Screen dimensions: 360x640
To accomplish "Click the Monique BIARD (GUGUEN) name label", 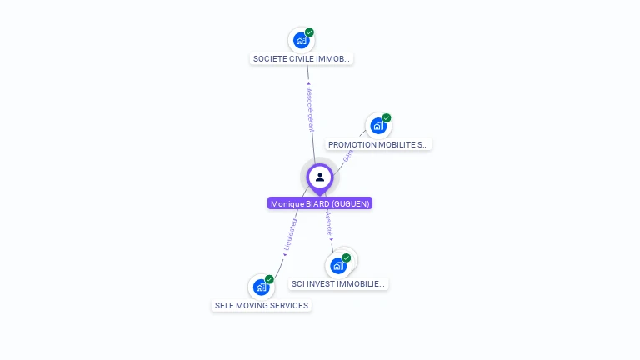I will coord(320,203).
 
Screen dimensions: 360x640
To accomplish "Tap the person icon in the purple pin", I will coord(320,177).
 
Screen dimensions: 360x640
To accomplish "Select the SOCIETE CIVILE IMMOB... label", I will coord(302,59).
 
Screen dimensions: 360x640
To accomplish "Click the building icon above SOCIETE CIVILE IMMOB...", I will coord(301,40).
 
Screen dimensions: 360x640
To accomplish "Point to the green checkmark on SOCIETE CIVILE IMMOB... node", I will coord(309,32).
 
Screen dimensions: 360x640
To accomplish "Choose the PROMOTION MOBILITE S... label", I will coord(378,144).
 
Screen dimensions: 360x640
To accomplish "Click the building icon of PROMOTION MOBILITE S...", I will coord(378,126).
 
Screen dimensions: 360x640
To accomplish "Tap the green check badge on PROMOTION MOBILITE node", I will coord(387,118).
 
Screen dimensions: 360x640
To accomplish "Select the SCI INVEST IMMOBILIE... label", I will coord(338,283).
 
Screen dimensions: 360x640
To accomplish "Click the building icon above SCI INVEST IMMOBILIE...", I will coord(337,266).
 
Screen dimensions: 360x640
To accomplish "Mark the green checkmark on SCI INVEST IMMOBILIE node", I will coord(347,257).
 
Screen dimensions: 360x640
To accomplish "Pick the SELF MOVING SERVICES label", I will coord(262,305).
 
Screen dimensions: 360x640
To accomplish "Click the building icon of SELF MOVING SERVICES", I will coord(261,287).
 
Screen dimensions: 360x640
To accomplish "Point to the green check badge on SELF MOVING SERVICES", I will coord(269,279).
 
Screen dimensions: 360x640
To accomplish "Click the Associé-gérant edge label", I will coord(310,108).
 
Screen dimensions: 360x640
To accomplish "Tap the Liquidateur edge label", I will coord(291,234).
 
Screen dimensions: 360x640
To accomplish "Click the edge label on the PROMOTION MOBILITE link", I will coord(348,155).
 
